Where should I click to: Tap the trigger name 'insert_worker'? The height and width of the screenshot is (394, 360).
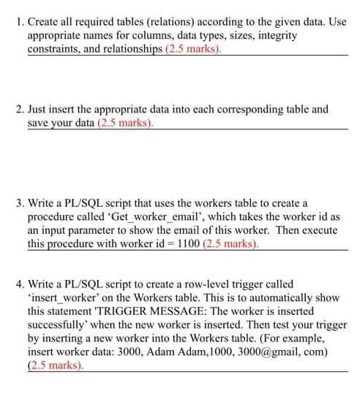click(x=59, y=298)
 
